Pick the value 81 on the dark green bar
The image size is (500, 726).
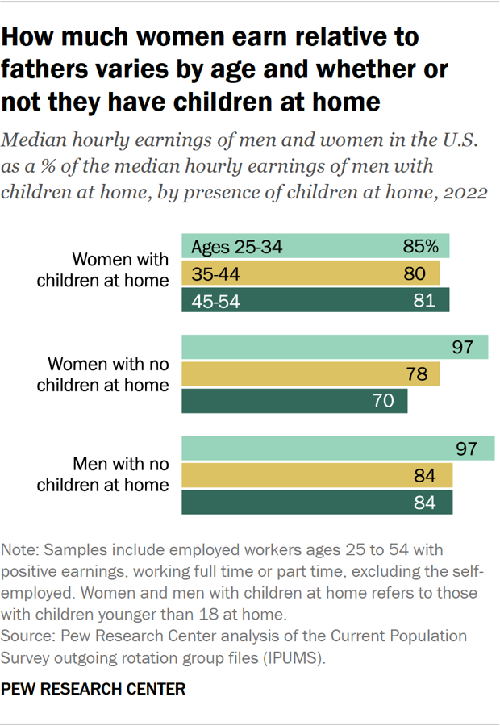pos(424,301)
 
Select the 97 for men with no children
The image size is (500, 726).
pos(467,449)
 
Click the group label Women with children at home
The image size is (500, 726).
pos(120,270)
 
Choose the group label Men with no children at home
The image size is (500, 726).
pos(120,474)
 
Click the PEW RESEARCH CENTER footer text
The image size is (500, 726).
pos(94,690)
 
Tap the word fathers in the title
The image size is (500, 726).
pos(48,69)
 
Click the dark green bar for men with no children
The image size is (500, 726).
pos(317,502)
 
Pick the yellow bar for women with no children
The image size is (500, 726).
pos(310,374)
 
